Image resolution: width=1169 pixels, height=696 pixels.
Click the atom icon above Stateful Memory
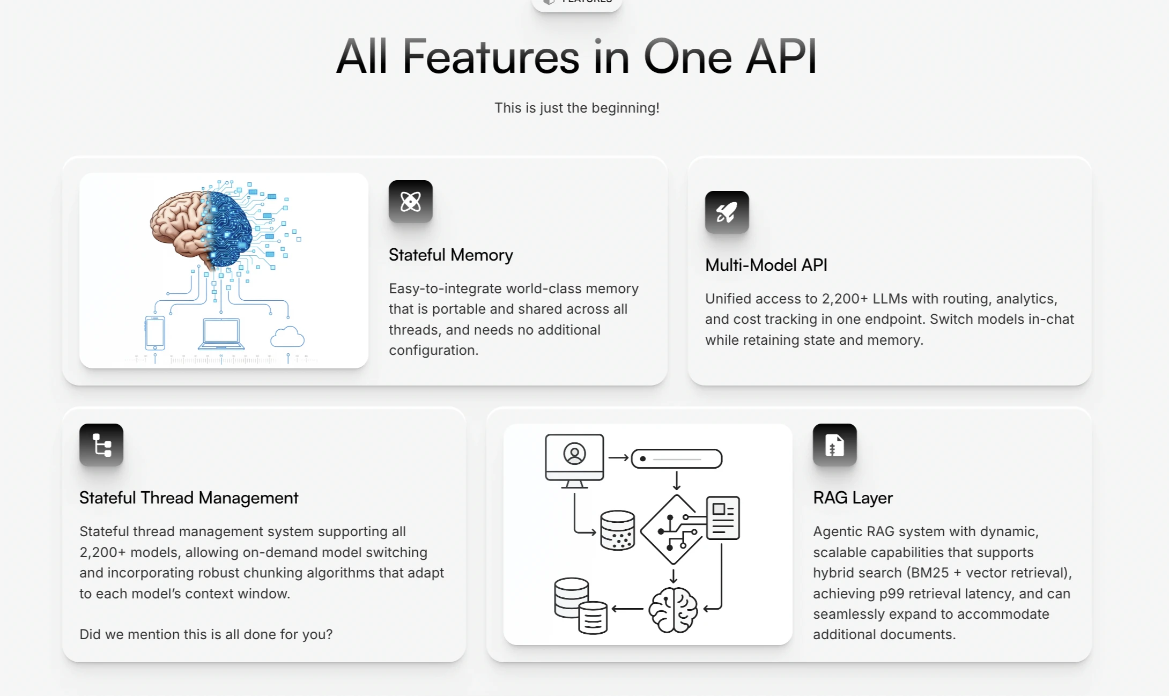pyautogui.click(x=410, y=202)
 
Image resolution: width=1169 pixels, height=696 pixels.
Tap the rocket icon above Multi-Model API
pyautogui.click(x=727, y=212)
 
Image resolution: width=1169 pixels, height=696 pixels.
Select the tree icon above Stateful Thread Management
pyautogui.click(x=101, y=445)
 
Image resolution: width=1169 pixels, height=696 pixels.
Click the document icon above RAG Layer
pyautogui.click(x=834, y=445)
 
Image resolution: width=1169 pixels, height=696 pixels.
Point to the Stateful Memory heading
pyautogui.click(x=450, y=255)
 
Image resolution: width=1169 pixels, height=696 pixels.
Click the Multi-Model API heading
pyautogui.click(x=766, y=265)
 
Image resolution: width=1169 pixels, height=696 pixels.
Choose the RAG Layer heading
pyautogui.click(x=853, y=498)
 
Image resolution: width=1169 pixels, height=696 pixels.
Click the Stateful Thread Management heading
pyautogui.click(x=189, y=498)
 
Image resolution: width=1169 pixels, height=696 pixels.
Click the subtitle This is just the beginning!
pyautogui.click(x=576, y=108)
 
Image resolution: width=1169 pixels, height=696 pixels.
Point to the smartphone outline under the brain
pyautogui.click(x=155, y=333)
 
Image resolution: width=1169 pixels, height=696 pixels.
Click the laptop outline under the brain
pyautogui.click(x=221, y=334)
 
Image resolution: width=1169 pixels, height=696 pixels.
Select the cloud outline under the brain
pyautogui.click(x=287, y=337)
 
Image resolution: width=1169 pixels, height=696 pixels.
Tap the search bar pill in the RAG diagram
pyautogui.click(x=677, y=459)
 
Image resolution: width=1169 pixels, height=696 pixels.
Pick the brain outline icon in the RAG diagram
pyautogui.click(x=673, y=610)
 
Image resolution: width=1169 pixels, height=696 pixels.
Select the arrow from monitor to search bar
pyautogui.click(x=618, y=458)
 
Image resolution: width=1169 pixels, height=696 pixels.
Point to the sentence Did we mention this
pyautogui.click(x=206, y=634)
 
